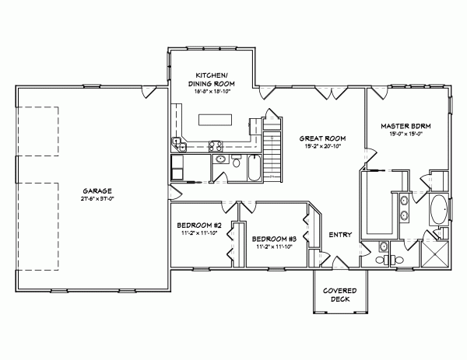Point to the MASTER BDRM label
(406, 125)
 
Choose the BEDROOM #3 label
(273, 239)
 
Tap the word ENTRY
(340, 235)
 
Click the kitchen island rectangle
(215, 120)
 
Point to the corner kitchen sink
(179, 144)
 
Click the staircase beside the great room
(272, 152)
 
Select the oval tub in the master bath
(437, 209)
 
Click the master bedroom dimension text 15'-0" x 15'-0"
(406, 133)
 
